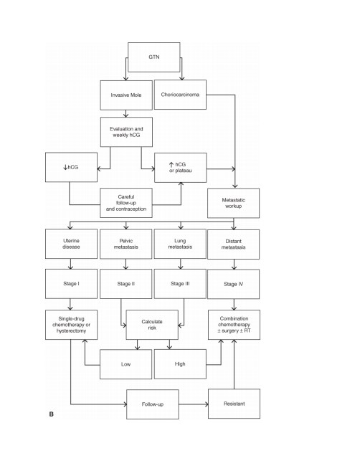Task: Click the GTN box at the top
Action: [153, 57]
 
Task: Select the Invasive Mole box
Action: [126, 95]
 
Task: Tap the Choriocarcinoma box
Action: [180, 95]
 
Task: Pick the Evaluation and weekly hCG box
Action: [126, 132]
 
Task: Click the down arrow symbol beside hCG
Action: [65, 167]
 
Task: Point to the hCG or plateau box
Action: [181, 168]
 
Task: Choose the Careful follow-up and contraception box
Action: [126, 203]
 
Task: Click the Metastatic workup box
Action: [233, 203]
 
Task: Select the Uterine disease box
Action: [71, 244]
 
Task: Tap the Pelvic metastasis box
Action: [125, 244]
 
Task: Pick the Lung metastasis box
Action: [180, 244]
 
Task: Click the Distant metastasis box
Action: [233, 244]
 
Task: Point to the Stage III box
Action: [180, 284]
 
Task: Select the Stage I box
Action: [71, 284]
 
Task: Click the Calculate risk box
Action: [152, 325]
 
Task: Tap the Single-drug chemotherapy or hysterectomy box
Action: [71, 325]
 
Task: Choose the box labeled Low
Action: [125, 364]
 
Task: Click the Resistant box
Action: [234, 404]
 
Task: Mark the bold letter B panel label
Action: [52, 414]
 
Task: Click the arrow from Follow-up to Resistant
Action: [194, 404]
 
